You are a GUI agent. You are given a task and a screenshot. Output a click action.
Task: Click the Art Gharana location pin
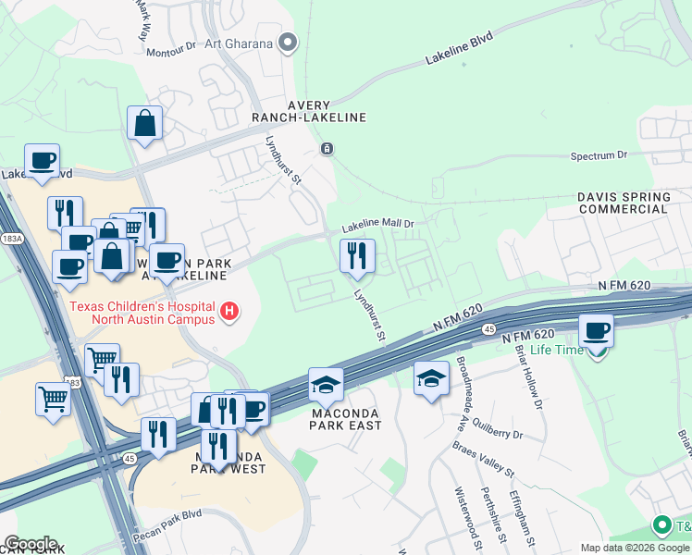click(289, 43)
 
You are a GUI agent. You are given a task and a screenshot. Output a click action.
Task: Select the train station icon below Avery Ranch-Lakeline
click(327, 148)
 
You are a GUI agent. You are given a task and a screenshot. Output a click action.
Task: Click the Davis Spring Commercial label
click(624, 203)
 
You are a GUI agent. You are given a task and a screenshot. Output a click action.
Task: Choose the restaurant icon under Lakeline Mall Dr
click(357, 256)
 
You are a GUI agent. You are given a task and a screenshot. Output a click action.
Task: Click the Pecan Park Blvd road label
click(168, 514)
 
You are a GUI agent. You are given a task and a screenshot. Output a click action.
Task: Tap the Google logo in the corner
click(30, 543)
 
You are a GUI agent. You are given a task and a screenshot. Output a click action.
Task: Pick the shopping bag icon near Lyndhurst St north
click(145, 123)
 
